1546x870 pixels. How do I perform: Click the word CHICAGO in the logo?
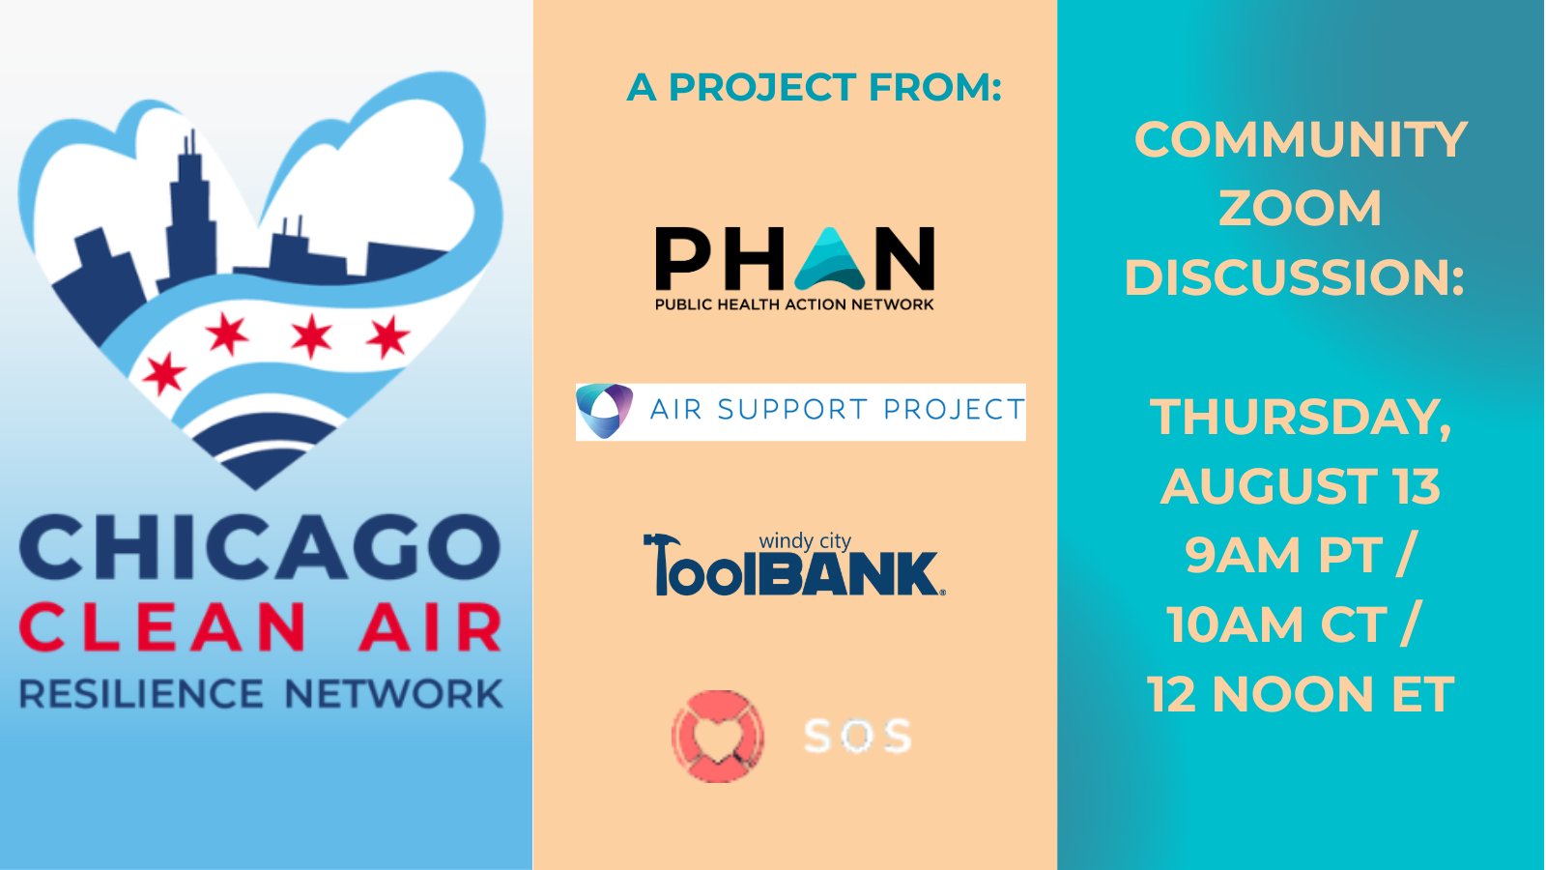click(x=260, y=547)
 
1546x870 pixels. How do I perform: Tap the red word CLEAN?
click(x=162, y=627)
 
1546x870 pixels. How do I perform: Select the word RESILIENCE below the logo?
click(x=141, y=694)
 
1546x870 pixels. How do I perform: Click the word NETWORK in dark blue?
click(x=394, y=694)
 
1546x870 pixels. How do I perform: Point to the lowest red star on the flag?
click(x=164, y=373)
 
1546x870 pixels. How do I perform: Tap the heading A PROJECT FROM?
click(x=814, y=88)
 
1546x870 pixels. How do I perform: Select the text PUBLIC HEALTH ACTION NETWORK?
click(x=794, y=304)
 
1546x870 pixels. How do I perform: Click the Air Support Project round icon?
click(x=605, y=411)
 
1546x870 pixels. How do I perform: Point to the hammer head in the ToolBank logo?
click(x=663, y=542)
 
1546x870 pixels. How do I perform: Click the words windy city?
click(x=805, y=541)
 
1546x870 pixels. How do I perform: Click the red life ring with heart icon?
click(x=718, y=736)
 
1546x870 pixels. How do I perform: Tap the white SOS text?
click(x=858, y=736)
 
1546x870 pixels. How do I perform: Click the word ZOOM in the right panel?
click(x=1301, y=208)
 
